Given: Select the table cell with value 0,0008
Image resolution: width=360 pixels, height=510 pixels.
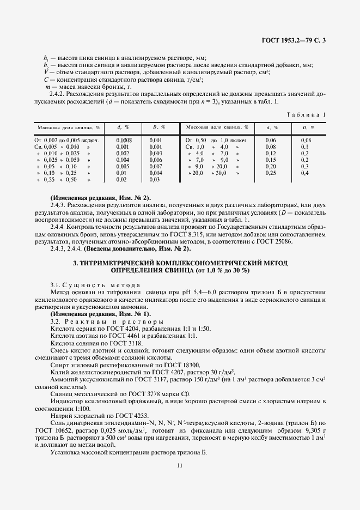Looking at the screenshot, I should click(x=124, y=140).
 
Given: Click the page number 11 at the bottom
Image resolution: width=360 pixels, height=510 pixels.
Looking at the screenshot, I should click(x=180, y=465).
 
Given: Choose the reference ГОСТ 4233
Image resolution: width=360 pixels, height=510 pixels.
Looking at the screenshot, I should click(x=116, y=416).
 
